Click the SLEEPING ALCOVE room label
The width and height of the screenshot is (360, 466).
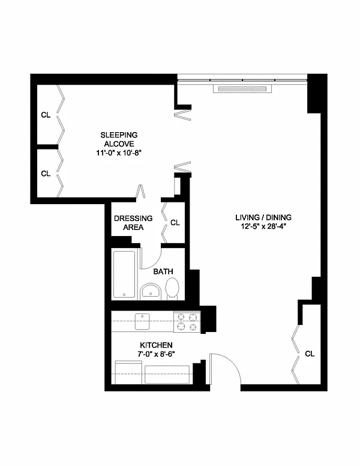119,139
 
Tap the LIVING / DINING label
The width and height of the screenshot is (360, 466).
263,217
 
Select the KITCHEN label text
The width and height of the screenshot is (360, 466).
156,345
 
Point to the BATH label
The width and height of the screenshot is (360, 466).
163,271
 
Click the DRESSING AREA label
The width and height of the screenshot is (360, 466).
133,223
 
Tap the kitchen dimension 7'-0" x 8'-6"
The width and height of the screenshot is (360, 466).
156,354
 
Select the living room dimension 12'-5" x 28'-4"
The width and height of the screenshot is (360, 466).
263,226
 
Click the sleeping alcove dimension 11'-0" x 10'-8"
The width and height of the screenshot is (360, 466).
119,153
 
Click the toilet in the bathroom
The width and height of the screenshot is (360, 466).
172,288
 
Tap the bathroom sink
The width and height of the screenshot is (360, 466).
150,291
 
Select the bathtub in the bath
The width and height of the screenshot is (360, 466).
124,274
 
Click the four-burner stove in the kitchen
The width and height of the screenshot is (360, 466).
187,322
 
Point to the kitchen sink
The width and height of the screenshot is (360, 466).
142,321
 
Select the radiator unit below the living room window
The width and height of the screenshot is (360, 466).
242,88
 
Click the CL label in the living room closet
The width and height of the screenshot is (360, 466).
310,354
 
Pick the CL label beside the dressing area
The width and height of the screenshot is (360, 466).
175,223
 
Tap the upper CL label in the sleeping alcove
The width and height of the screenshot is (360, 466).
46,115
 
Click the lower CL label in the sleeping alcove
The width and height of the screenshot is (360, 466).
46,174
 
